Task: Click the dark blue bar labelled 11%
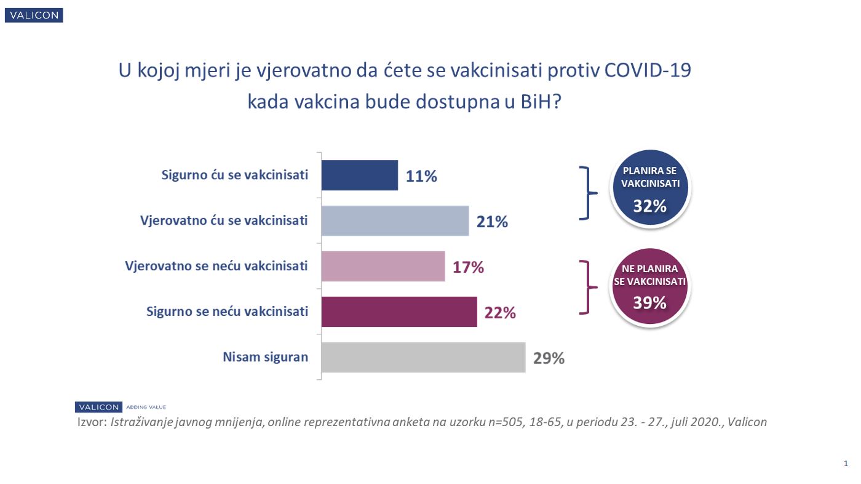point(360,175)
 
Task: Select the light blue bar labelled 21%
point(395,221)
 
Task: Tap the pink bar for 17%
point(383,267)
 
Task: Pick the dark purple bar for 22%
point(399,312)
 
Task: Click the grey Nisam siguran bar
point(423,357)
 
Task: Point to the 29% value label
point(549,358)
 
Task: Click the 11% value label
point(421,176)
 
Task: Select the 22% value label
point(500,312)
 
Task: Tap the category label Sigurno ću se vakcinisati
point(234,175)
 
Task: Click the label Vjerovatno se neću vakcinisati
point(216,266)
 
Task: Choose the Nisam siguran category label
point(265,357)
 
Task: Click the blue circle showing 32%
point(650,188)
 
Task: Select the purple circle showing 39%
point(650,287)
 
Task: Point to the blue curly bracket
point(589,193)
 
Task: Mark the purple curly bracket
point(589,287)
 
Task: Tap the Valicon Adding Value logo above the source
point(121,407)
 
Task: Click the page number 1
point(846,463)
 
